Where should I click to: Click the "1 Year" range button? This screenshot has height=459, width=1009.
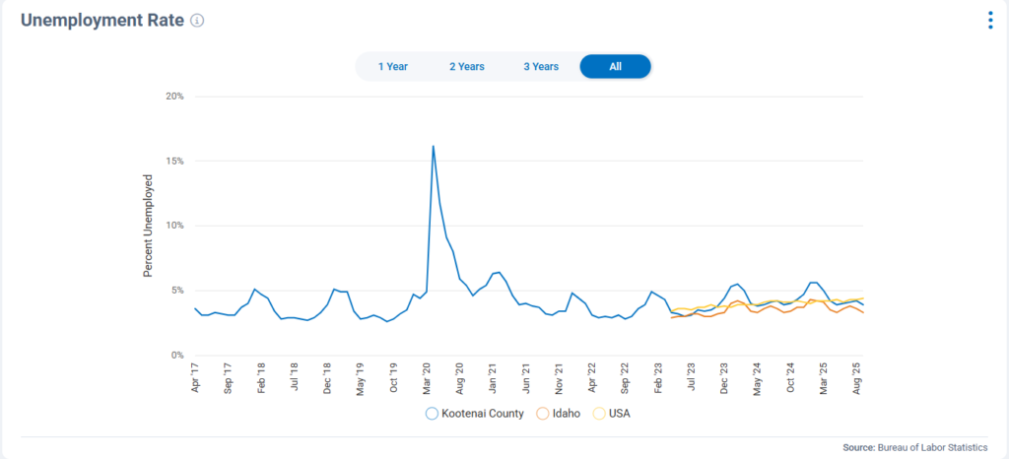(392, 66)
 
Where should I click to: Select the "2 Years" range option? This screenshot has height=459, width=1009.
(466, 66)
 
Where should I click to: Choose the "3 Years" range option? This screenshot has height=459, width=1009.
(540, 66)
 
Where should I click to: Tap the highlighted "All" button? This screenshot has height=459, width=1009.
(615, 66)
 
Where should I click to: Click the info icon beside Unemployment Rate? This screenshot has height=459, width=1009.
(197, 21)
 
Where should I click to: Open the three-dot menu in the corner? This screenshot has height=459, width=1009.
(990, 21)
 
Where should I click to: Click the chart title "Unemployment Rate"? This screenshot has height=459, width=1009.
(101, 21)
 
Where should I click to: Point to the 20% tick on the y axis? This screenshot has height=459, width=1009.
(174, 97)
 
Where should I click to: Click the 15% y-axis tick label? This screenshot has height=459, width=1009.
(174, 161)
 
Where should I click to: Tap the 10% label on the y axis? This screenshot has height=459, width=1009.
(174, 226)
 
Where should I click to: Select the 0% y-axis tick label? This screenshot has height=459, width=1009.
(177, 355)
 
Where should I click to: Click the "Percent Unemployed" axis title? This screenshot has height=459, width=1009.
(149, 226)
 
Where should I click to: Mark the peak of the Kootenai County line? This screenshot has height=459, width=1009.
(434, 146)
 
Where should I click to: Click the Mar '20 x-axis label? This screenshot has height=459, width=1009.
(427, 377)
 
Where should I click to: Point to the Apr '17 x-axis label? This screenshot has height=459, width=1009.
(195, 377)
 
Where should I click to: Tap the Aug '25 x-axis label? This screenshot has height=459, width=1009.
(856, 377)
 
